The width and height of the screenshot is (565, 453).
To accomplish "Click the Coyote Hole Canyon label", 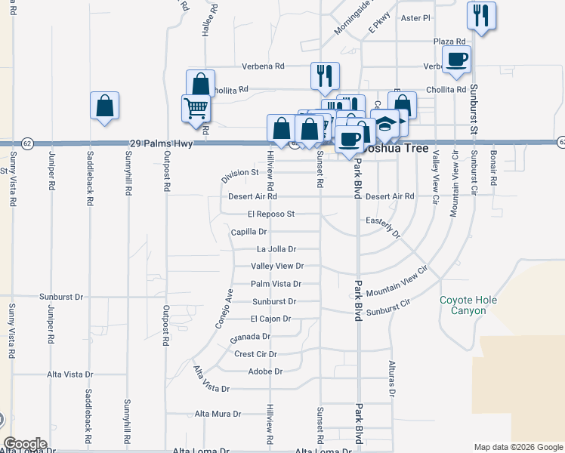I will pos(468,305).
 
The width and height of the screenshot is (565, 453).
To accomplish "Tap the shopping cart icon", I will pos(196,109).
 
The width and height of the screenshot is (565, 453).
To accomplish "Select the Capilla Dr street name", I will pos(249,232).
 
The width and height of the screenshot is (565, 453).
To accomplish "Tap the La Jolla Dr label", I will pos(276,248).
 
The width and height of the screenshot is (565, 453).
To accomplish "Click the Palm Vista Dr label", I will pos(276,284).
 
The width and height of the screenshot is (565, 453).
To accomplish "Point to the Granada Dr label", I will pos(251,337).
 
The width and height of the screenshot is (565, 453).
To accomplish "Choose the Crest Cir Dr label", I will pos(256,353).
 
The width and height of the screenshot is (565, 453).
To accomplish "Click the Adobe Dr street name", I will pos(265,371).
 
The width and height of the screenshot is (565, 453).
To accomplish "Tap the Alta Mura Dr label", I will pos(218,414).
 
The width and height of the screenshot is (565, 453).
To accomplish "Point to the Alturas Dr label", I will pos(392,379).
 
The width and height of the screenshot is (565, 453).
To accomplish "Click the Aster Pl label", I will pos(415,17).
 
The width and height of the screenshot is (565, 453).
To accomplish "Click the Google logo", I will pos(26,444).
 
